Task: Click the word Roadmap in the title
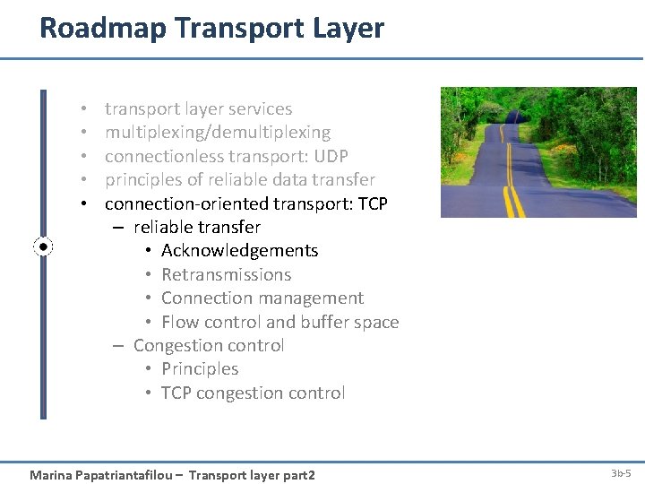coord(103,28)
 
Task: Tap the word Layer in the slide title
coord(348,29)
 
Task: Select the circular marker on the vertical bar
coord(43,247)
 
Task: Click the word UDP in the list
coord(331,156)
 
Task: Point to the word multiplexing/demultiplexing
coord(218,133)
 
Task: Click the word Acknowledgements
coord(240,251)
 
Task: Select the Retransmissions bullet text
coord(227,274)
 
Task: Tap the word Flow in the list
coord(181,322)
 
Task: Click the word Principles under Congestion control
coord(200,369)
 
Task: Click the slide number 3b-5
coord(621,473)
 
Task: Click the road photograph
coord(538,152)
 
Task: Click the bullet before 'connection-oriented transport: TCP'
coord(84,203)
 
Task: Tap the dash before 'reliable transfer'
coord(118,228)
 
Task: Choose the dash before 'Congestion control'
coord(118,346)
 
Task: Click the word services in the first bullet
coord(260,109)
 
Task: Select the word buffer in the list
coord(324,322)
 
